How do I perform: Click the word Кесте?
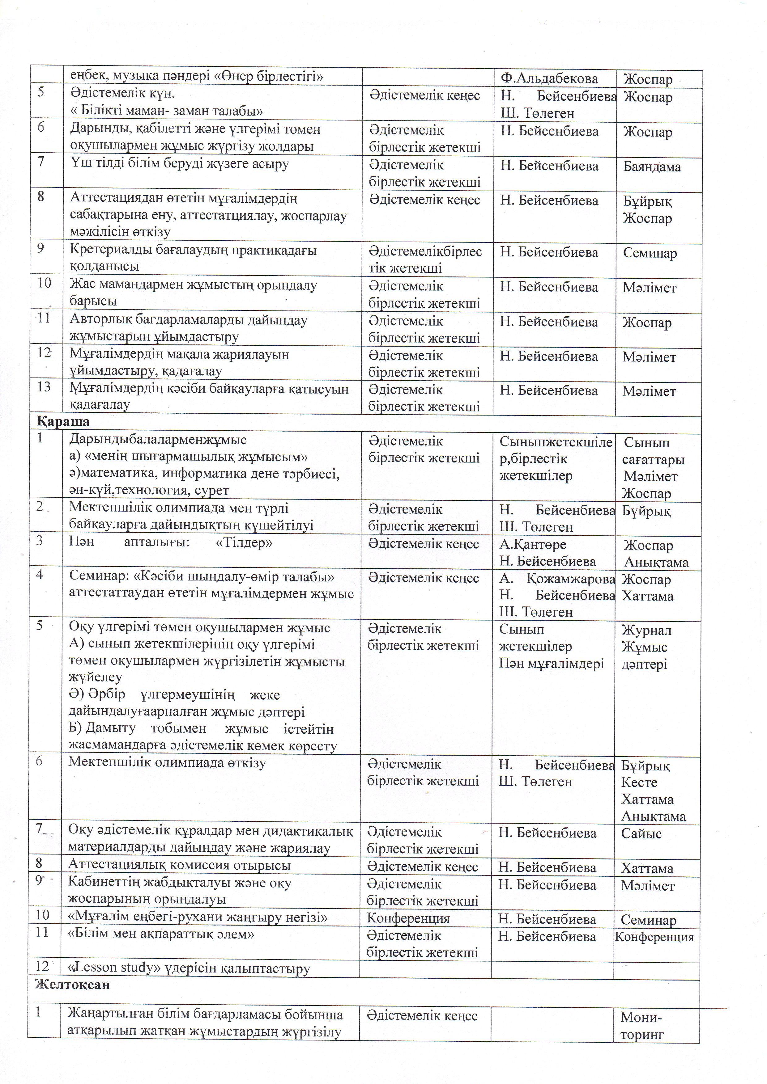coord(639,782)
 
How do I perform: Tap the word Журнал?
coord(646,630)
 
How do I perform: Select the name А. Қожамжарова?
coord(557,579)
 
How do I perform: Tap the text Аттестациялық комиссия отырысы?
coord(179,865)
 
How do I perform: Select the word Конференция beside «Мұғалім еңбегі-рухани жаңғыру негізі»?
coord(408,918)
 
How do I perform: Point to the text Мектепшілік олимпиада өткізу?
coord(167,763)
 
